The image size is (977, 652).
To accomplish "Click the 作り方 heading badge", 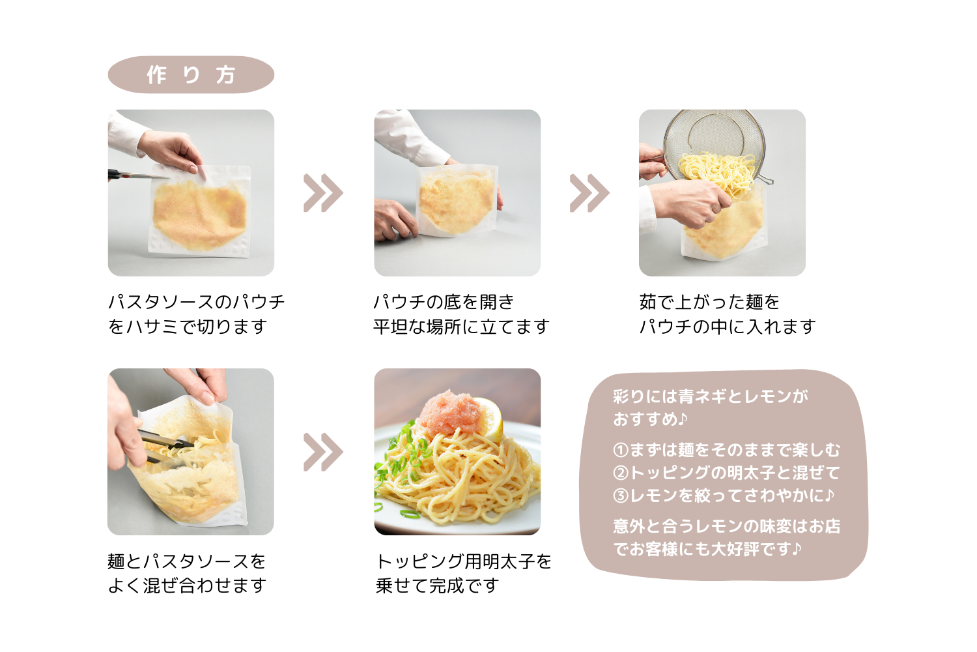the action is point(191,75).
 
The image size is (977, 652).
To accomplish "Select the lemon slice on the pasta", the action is point(489,419).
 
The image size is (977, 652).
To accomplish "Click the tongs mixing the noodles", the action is point(165,447).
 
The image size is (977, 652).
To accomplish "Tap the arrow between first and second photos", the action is point(323,193).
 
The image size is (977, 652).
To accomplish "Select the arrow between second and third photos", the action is point(589,193).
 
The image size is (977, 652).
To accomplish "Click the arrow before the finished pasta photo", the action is point(323,452).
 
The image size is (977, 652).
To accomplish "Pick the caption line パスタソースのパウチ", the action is point(196,302).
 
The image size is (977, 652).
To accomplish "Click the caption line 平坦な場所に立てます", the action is point(461,327).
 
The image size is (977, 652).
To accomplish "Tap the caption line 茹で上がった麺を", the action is point(709,302).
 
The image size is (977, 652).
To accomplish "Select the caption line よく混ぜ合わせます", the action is point(187,585).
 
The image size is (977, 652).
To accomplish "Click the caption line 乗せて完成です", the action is point(437,585).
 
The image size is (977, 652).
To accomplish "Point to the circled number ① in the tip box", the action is point(620,450).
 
